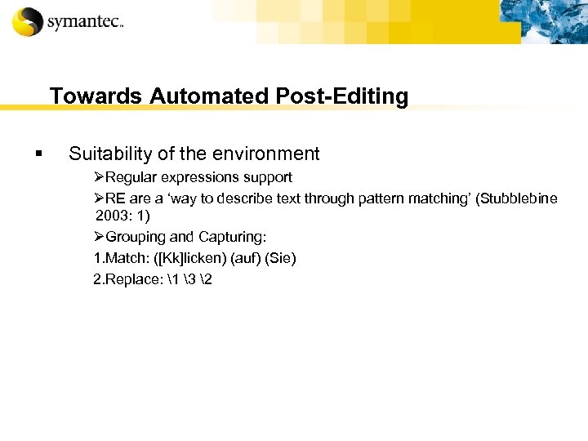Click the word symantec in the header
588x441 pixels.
(84, 22)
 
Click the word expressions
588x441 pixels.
(199, 177)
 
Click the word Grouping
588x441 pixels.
(137, 237)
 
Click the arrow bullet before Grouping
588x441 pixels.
(99, 237)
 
